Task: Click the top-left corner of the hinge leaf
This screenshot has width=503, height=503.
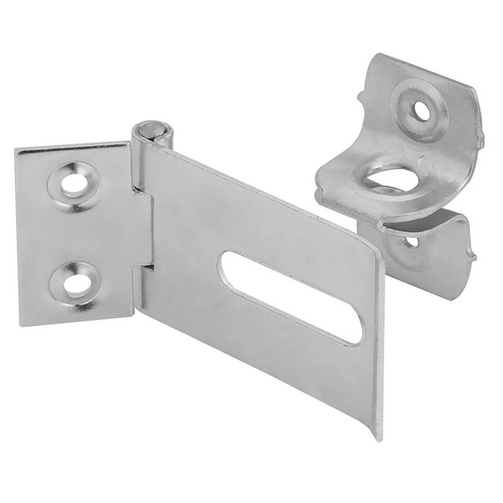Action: (20, 152)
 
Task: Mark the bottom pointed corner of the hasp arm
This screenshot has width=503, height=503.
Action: (377, 436)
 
